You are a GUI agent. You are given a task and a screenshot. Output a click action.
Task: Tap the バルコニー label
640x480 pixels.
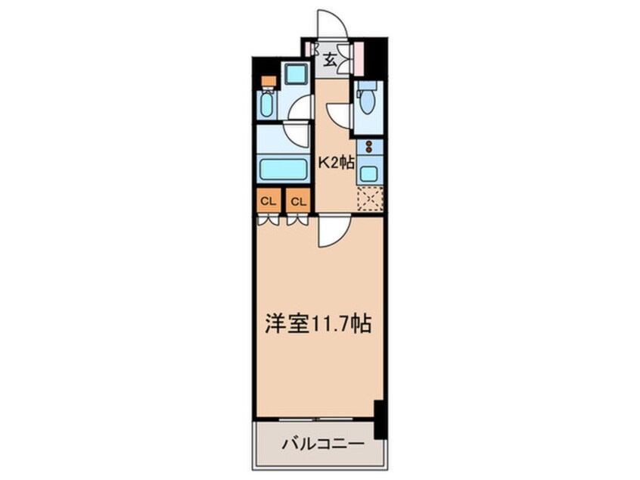click(x=325, y=443)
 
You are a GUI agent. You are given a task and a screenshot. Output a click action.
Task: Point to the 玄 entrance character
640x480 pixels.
click(x=331, y=61)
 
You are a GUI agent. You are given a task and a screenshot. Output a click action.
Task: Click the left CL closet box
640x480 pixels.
click(x=266, y=201)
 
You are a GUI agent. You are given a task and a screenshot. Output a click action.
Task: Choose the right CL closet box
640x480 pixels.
click(x=298, y=201)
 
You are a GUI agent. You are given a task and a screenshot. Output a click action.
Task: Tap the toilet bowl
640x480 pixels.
click(x=367, y=101)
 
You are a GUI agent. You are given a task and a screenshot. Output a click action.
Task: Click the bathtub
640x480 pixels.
click(x=283, y=168)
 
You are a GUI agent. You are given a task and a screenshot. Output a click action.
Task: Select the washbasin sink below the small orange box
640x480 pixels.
click(x=267, y=104)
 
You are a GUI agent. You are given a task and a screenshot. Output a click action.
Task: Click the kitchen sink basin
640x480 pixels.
click(x=368, y=173)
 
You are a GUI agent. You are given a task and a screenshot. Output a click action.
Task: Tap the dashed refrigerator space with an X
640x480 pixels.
click(x=370, y=198)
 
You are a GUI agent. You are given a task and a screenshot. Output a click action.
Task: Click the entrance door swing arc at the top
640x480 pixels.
click(x=331, y=25)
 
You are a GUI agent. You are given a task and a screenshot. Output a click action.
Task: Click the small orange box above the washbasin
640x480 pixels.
click(x=268, y=81)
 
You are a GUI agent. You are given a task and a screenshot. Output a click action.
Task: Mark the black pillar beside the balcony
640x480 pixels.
click(x=380, y=420)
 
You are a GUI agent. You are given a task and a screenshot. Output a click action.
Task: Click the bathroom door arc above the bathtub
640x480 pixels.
click(x=298, y=135)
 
